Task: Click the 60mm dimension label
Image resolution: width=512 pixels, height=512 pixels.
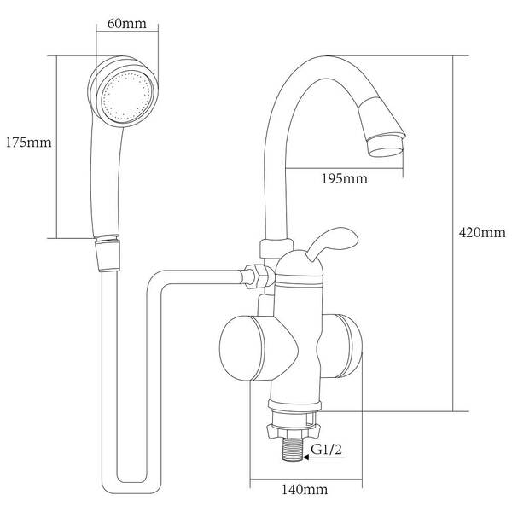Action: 126,24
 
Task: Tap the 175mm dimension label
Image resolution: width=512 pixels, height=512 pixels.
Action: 29,143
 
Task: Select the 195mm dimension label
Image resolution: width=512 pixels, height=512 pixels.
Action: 345,178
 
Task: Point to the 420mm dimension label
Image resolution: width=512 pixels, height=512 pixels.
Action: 482,232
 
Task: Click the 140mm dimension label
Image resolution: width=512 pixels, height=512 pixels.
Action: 305,489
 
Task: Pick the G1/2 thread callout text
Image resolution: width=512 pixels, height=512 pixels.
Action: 326,450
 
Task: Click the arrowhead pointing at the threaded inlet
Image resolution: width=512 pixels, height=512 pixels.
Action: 306,457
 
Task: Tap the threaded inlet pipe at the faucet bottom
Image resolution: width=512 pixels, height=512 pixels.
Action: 293,449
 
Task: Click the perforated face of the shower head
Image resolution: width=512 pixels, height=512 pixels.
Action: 127,96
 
